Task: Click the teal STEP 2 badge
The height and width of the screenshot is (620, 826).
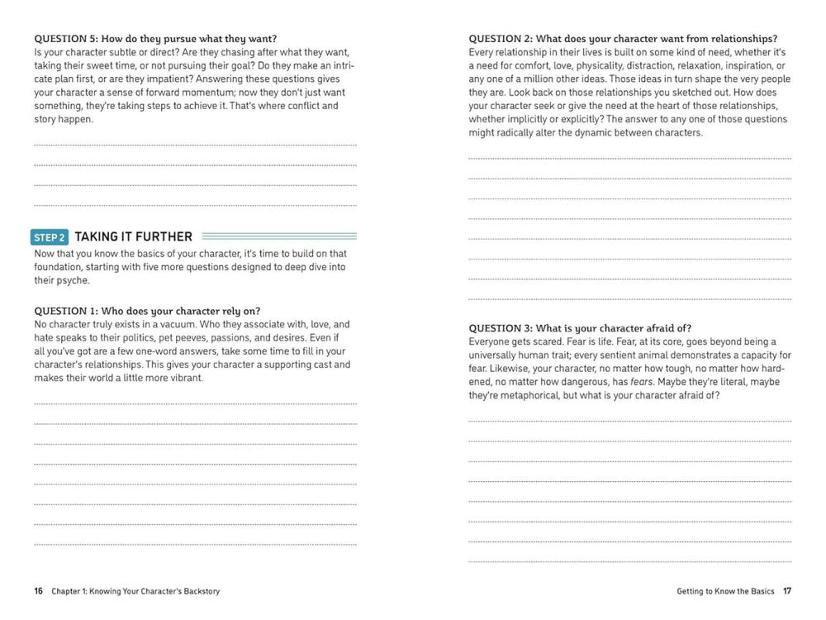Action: click(50, 237)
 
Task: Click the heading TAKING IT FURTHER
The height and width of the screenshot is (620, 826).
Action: click(134, 236)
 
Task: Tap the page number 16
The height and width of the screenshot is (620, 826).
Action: click(39, 591)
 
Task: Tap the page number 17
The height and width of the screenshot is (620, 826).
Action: click(787, 591)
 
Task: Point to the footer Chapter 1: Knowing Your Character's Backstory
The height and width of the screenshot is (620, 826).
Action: click(135, 591)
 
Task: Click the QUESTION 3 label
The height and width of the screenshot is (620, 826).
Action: click(499, 328)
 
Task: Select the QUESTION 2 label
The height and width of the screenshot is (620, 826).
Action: click(499, 39)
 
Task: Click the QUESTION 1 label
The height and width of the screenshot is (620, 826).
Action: click(64, 311)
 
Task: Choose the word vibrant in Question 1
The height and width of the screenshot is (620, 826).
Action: click(185, 378)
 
